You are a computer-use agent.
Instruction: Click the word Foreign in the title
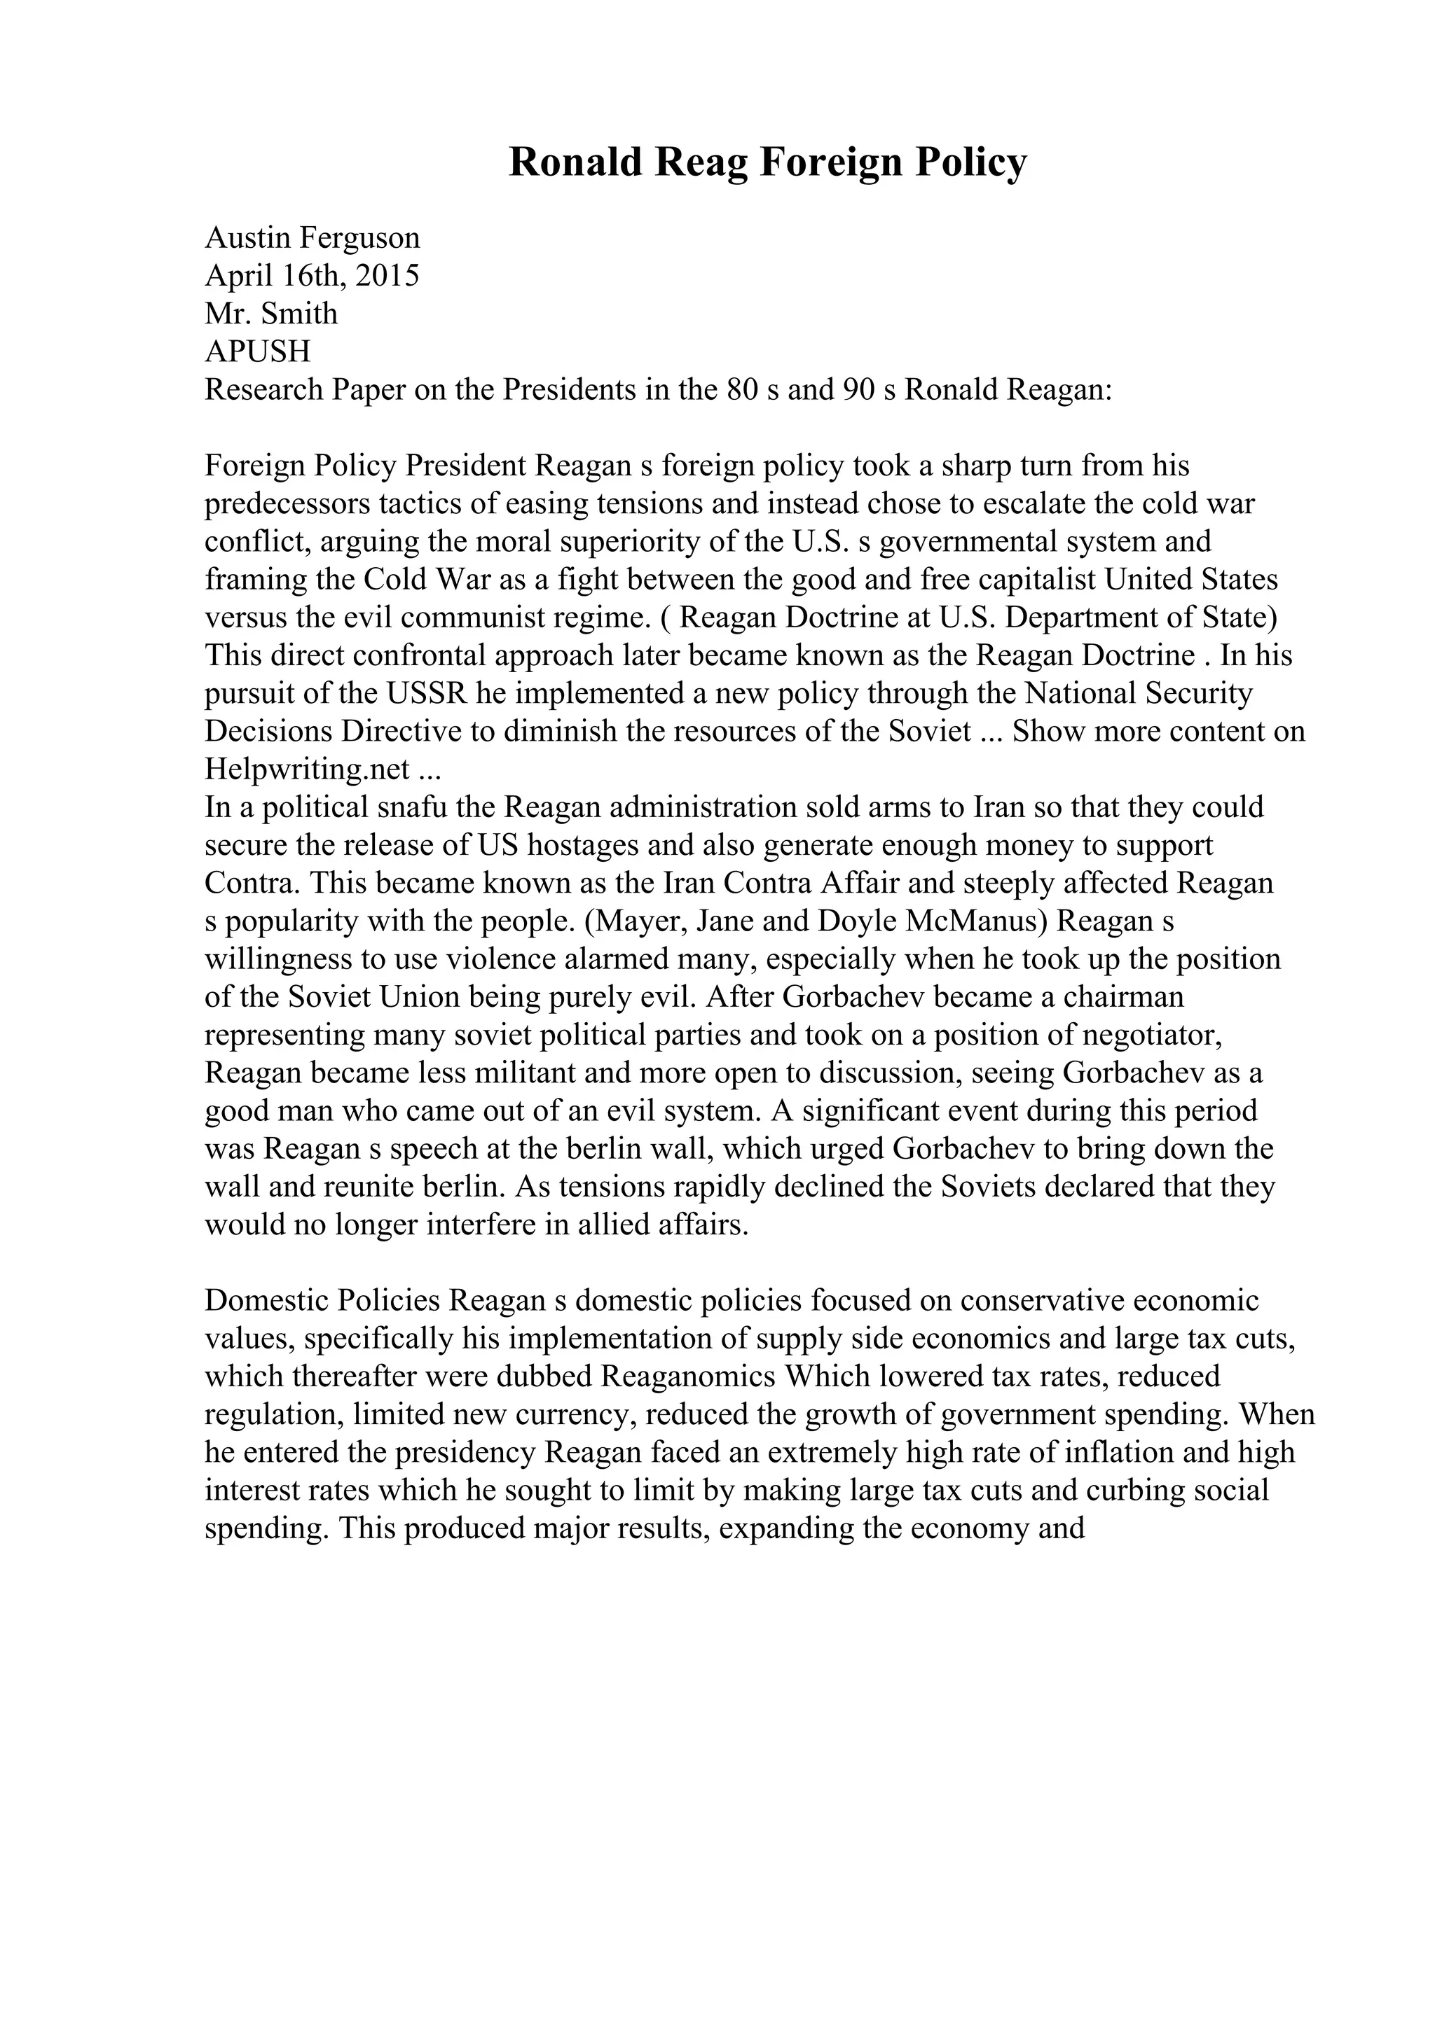tap(826, 162)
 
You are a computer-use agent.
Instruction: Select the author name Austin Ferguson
tap(312, 238)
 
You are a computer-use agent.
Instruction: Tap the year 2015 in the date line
tap(386, 276)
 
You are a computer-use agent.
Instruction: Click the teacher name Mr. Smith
tap(271, 314)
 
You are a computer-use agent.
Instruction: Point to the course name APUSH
tap(257, 351)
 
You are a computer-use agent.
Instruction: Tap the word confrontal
tap(479, 656)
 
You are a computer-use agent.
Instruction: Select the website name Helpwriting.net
tap(307, 769)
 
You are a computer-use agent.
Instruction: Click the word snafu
tap(411, 808)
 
